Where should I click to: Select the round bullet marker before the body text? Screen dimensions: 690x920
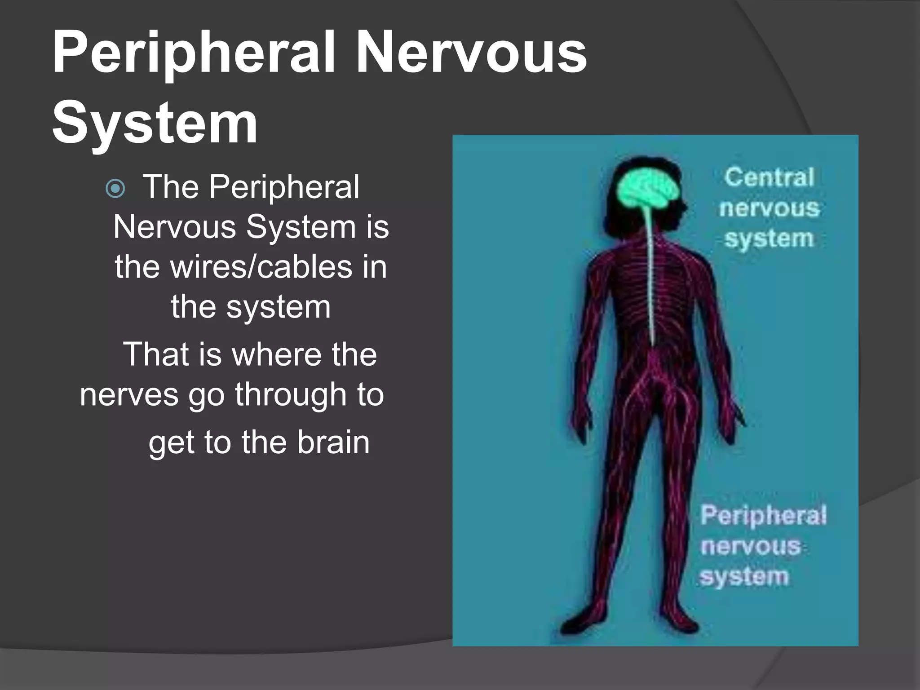(115, 189)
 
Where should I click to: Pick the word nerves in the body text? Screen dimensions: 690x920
(129, 394)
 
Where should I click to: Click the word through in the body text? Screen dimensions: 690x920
(291, 394)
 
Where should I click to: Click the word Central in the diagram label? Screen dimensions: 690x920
(769, 177)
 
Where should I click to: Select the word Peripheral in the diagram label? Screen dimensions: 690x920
(763, 515)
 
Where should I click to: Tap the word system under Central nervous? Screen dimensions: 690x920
(769, 239)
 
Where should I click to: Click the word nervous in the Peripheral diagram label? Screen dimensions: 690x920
(751, 546)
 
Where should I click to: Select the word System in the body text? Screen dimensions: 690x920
(301, 227)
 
